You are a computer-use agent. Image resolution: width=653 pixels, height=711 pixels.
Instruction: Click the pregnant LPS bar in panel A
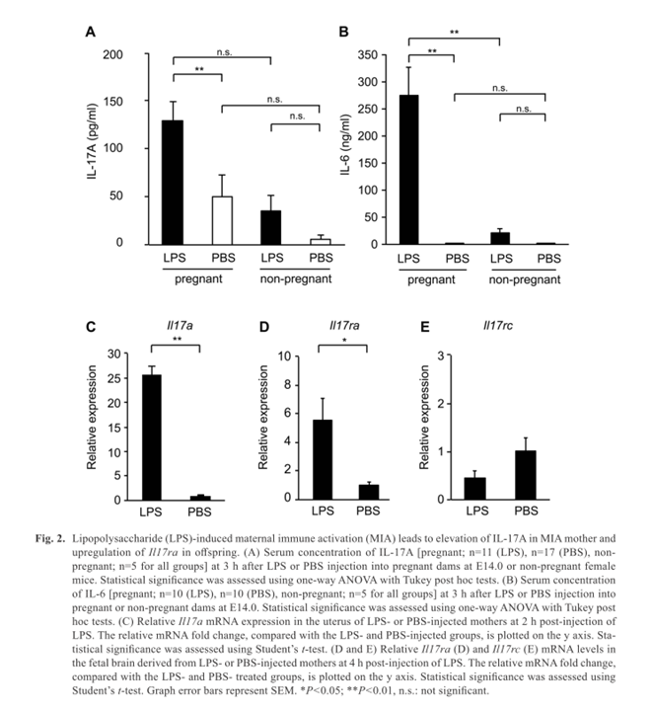[173, 183]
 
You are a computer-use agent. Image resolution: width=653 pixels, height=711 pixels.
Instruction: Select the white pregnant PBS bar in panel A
[222, 221]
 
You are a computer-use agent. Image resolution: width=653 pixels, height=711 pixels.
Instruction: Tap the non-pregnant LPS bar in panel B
[500, 239]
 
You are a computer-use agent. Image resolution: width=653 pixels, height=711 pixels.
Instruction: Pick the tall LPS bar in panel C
[152, 437]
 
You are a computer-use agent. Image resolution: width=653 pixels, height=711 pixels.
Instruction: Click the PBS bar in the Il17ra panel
[369, 493]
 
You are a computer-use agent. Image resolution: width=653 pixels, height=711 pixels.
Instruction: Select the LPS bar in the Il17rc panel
[475, 489]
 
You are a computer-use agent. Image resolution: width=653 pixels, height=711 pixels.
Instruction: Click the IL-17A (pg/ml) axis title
[93, 141]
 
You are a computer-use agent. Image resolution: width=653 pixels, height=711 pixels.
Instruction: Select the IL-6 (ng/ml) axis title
[345, 144]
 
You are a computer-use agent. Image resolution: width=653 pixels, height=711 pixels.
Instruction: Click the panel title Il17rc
[498, 326]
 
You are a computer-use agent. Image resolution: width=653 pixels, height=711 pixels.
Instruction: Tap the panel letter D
[264, 327]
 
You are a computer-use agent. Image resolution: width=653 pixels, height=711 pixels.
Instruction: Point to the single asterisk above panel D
[344, 340]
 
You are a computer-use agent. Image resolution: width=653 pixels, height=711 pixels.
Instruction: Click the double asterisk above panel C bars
[178, 339]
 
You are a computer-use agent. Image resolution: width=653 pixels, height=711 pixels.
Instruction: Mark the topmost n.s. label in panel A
[224, 52]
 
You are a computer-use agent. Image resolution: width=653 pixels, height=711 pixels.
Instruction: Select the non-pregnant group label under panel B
[525, 279]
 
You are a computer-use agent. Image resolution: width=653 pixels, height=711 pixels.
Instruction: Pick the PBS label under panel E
[526, 512]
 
